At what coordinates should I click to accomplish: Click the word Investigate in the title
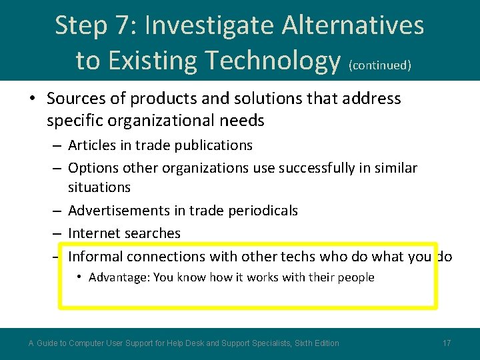click(209, 26)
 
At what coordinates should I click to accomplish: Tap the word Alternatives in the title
click(353, 26)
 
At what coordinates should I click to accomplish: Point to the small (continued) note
click(379, 65)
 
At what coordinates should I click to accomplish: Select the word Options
click(93, 168)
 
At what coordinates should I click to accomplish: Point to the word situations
click(99, 187)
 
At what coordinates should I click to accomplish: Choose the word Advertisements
click(117, 211)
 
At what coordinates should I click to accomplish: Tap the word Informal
click(95, 257)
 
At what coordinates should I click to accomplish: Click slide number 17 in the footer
click(447, 343)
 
